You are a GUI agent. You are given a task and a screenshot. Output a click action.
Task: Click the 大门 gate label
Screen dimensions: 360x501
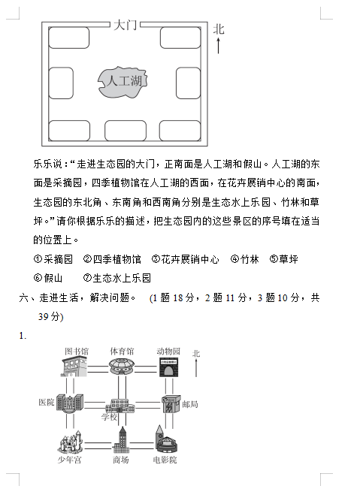125,25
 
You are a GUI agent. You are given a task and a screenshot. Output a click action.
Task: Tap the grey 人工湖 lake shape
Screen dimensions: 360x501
123,82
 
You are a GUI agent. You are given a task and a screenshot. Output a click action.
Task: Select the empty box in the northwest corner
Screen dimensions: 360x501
68,38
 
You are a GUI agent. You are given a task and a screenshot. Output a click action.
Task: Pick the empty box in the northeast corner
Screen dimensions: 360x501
180,38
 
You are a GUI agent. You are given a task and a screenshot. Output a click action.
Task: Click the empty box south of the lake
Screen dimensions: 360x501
126,131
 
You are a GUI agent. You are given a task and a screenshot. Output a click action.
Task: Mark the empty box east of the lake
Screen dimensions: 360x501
189,83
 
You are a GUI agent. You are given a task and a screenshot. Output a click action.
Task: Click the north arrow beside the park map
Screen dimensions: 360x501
219,45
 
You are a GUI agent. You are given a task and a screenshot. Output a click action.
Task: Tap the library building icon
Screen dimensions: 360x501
74,367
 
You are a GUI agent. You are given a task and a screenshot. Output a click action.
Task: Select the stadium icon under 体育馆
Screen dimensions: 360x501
122,366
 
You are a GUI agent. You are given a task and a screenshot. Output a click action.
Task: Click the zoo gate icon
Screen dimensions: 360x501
169,367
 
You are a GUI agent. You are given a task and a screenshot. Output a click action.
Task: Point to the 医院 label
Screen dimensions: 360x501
47,403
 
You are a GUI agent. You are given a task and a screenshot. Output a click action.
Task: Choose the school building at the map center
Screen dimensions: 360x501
120,406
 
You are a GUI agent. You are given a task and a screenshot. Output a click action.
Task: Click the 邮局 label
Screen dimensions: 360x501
190,405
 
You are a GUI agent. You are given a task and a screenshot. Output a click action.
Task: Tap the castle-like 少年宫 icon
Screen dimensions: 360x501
70,442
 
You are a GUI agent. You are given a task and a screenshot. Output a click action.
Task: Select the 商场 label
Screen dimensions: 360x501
120,460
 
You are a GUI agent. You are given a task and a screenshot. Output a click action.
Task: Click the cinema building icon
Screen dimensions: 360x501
166,439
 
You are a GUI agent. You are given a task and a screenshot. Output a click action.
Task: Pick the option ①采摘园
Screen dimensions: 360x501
53,259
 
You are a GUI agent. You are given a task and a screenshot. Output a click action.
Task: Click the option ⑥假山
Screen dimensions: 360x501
48,278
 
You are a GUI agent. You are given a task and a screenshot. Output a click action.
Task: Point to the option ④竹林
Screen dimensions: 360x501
244,259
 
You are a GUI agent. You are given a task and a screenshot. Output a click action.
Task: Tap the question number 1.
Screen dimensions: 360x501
23,336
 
